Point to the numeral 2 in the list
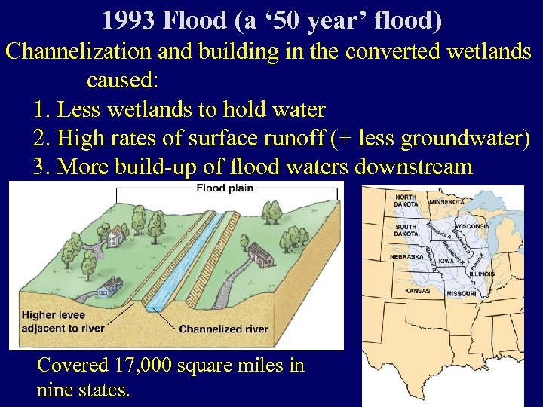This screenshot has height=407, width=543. (40, 138)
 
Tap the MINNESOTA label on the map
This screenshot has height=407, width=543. (446, 203)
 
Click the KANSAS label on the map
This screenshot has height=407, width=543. (417, 290)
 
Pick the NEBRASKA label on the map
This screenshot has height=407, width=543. (406, 257)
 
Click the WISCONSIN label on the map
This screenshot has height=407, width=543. (472, 226)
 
